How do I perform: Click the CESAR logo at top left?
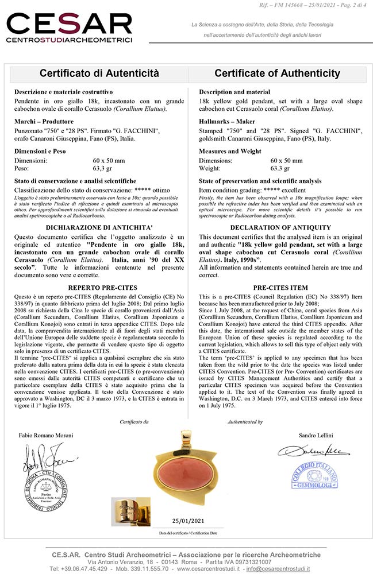(x=69, y=26)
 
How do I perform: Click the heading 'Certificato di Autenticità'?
(x=99, y=73)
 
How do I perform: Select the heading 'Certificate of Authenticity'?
(x=277, y=73)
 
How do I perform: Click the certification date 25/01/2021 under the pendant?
(x=188, y=521)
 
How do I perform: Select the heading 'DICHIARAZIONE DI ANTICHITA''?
(x=94, y=227)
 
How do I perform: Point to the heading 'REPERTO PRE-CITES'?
(x=94, y=288)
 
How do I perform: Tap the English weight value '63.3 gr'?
(x=282, y=168)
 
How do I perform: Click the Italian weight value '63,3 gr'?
(x=102, y=168)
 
